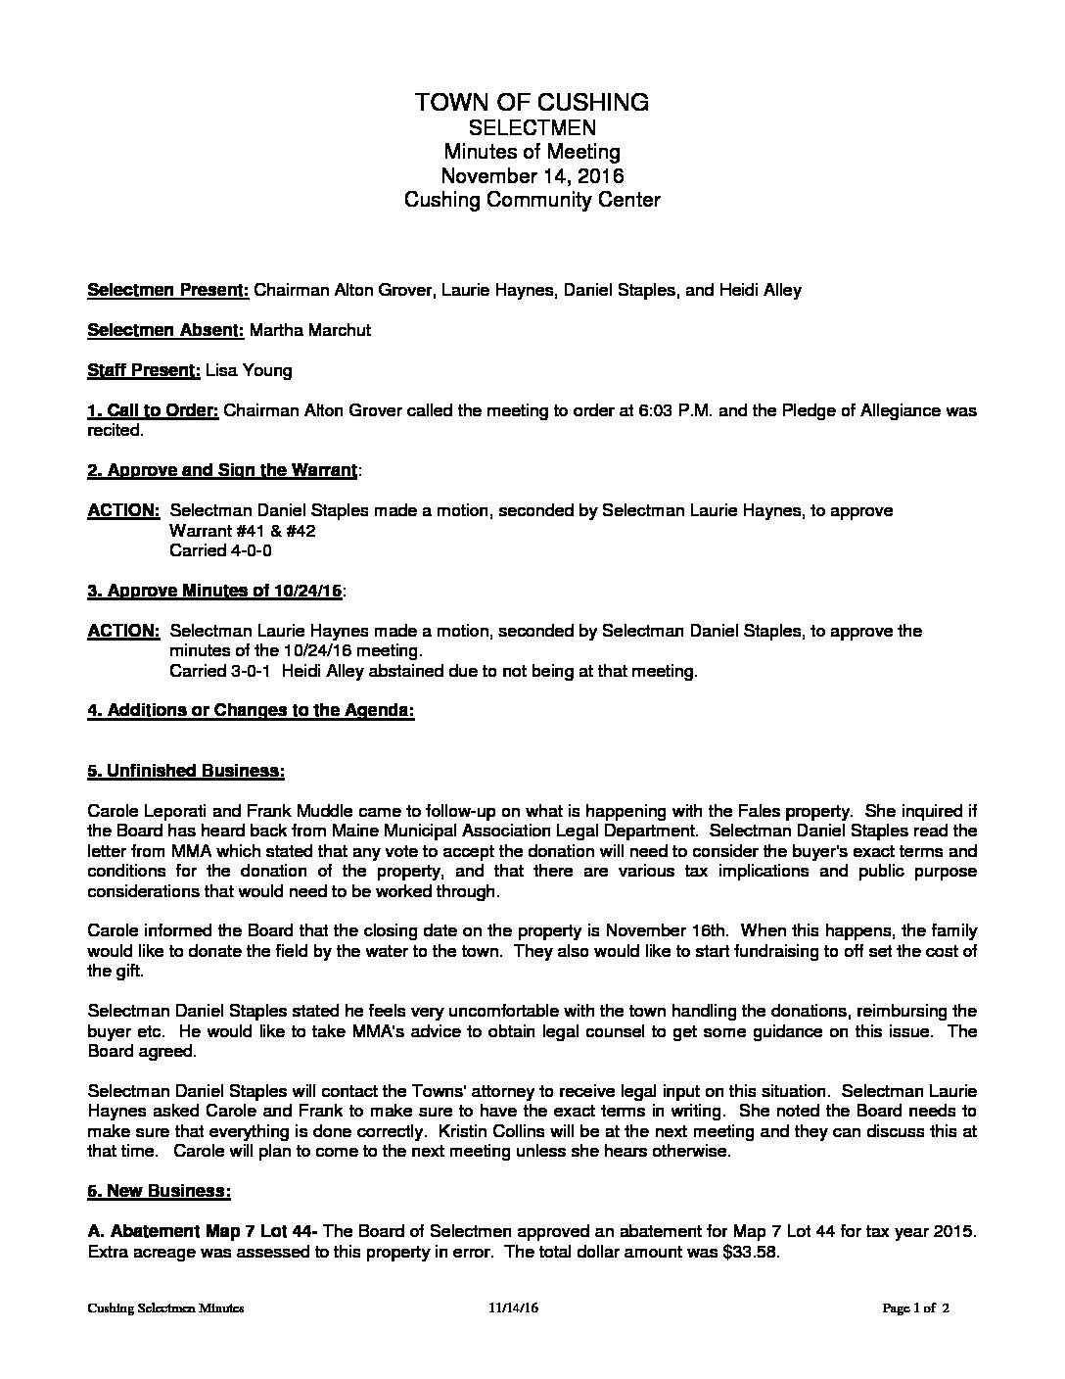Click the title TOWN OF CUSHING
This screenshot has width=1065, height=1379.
coord(532,102)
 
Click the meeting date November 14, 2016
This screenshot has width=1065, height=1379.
coord(532,176)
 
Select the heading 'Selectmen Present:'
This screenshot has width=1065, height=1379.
coord(168,291)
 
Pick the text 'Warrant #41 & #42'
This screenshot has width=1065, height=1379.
coord(242,531)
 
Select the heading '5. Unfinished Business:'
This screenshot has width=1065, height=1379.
coord(186,772)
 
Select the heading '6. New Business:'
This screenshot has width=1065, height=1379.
coord(159,1192)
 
